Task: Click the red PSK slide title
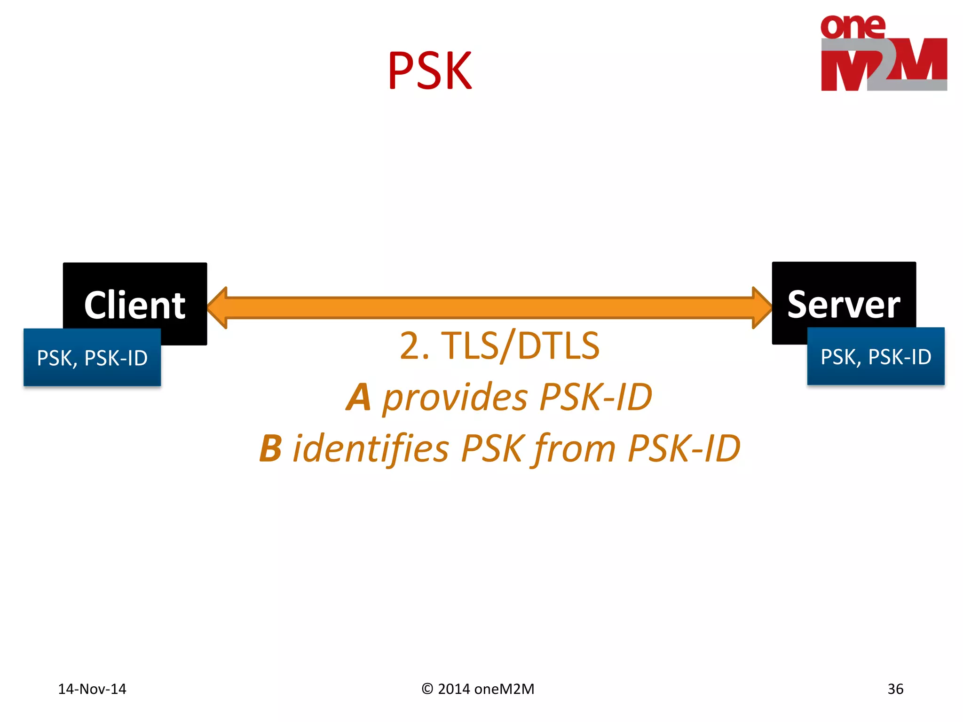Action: pyautogui.click(x=430, y=71)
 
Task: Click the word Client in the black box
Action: pyautogui.click(x=135, y=305)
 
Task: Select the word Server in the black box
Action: pyautogui.click(x=844, y=305)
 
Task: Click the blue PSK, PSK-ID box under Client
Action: pyautogui.click(x=92, y=358)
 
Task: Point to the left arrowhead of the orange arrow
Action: pyautogui.click(x=218, y=308)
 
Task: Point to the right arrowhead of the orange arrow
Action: pyautogui.click(x=761, y=308)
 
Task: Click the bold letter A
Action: pyautogui.click(x=359, y=398)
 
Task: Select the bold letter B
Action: pyautogui.click(x=271, y=448)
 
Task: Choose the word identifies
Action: pyautogui.click(x=371, y=448)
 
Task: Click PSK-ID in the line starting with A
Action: pyautogui.click(x=596, y=398)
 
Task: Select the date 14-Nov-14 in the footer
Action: pyautogui.click(x=92, y=689)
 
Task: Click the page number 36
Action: pyautogui.click(x=895, y=689)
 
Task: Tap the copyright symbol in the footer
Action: pyautogui.click(x=427, y=689)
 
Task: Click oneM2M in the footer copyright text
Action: pyautogui.click(x=504, y=689)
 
